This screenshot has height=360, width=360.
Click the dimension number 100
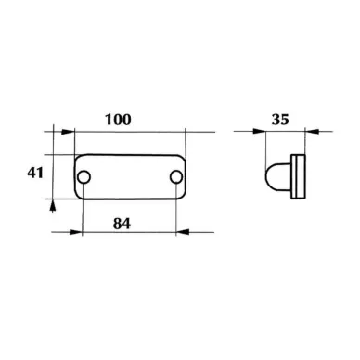pos(118,120)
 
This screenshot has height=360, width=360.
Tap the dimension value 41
pos(35,173)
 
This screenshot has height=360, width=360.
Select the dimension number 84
pos(122,224)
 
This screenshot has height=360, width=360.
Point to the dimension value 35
pos(280,120)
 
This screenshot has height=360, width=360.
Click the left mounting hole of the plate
pos(84,177)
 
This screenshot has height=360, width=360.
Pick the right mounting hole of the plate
pos(176,177)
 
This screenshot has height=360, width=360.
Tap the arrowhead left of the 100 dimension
pos(68,132)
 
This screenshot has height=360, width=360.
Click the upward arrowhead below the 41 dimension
pos(53,206)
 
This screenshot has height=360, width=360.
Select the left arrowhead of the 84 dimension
pos(75,232)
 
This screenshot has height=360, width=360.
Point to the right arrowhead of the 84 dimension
pos(183,232)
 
